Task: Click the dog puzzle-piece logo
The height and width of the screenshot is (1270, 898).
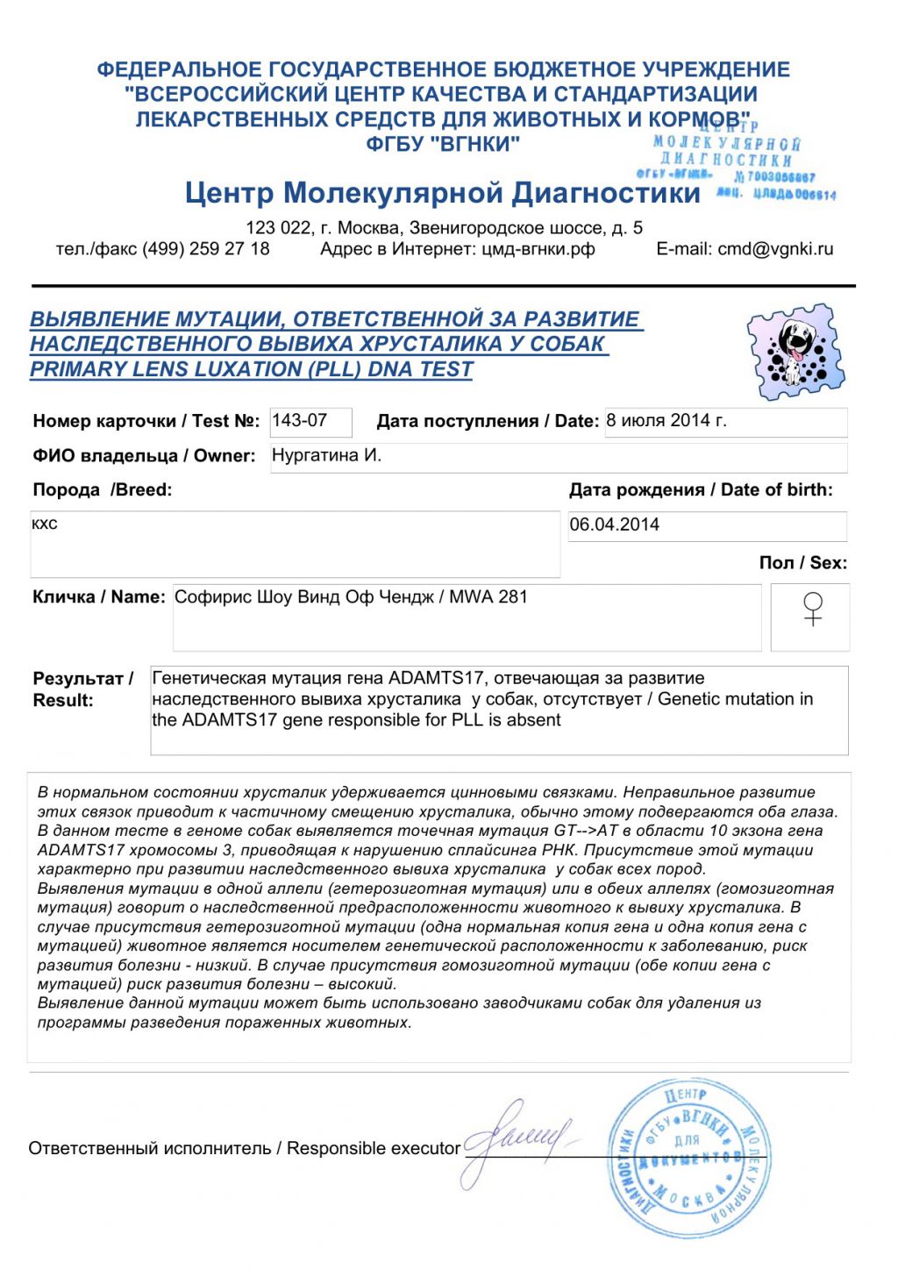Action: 795,351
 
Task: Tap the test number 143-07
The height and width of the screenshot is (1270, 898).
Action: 300,421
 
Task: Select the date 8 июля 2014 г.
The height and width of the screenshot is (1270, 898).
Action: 666,421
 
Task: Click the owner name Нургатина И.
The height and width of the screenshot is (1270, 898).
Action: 326,456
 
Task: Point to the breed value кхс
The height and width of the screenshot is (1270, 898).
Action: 45,524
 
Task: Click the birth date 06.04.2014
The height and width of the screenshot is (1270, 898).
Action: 615,524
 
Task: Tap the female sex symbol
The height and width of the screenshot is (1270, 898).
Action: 813,609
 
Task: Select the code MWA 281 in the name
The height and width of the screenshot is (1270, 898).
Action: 488,597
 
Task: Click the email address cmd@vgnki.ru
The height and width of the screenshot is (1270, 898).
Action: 775,249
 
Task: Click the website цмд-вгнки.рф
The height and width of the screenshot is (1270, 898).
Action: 538,249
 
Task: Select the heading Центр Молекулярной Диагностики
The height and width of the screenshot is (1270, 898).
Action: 442,193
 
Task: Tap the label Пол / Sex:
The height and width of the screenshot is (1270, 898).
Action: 803,563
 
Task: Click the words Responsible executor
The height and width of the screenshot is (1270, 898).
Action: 374,1148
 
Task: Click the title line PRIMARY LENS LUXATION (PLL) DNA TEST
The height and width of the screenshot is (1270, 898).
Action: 252,369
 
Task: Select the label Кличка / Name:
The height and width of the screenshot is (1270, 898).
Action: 99,597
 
